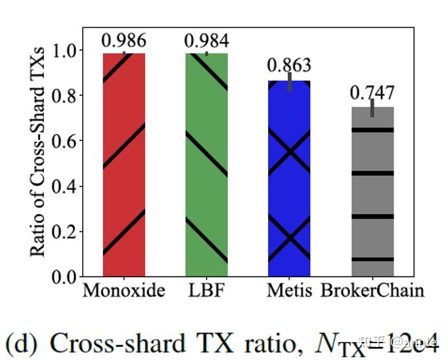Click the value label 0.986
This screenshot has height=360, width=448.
pos(124,40)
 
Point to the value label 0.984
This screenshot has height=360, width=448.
pos(207,40)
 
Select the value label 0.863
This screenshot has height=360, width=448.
pos(289,65)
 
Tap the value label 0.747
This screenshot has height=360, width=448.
pos(372,93)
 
